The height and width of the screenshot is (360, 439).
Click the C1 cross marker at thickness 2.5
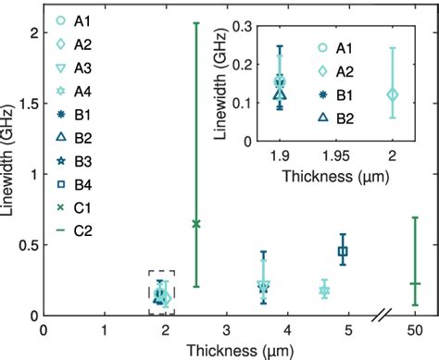(195, 223)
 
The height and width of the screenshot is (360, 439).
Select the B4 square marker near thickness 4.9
(343, 251)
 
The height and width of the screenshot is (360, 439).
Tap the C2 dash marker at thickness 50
(415, 283)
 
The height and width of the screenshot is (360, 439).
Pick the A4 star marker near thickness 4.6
(324, 291)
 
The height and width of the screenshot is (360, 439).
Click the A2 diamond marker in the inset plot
(392, 93)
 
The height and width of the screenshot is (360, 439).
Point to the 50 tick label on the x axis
(415, 330)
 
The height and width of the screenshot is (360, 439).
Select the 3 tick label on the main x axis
(227, 330)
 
